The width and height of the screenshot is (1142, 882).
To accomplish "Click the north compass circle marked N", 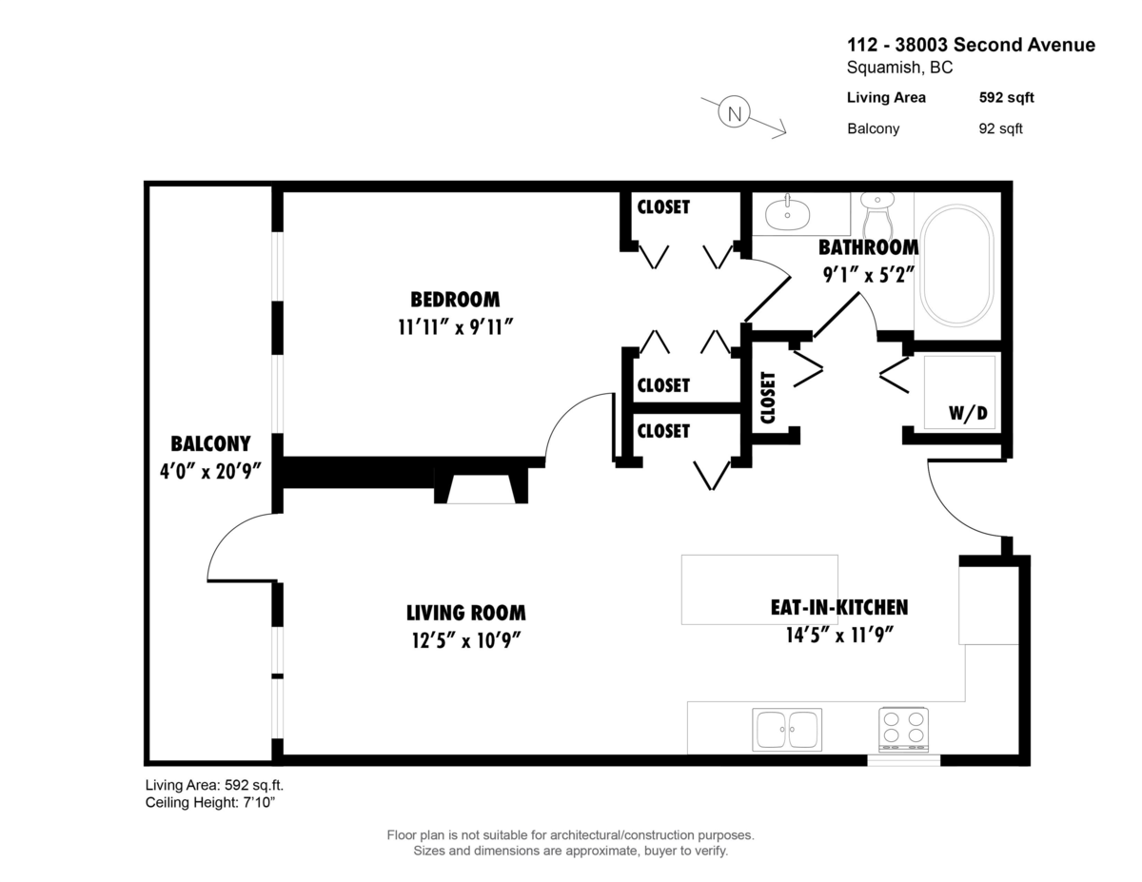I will click(734, 112).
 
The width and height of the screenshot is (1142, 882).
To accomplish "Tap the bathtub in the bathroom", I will click(956, 265).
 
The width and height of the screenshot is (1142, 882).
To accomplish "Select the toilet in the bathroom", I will click(876, 217).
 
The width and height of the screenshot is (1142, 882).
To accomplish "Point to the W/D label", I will click(968, 414).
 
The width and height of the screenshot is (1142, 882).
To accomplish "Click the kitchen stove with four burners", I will click(903, 728).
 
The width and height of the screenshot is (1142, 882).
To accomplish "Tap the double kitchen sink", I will click(786, 730).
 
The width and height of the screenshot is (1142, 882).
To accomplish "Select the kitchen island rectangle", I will click(759, 589).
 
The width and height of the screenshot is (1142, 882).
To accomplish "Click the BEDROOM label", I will click(455, 300).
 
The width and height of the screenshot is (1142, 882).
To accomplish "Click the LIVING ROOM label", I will click(465, 613).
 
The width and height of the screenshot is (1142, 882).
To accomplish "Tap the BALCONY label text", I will click(210, 443).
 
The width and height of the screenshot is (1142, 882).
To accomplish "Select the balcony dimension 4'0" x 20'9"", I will click(210, 471).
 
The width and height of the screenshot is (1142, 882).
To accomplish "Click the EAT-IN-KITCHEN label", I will click(838, 607).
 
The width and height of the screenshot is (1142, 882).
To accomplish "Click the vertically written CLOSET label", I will click(769, 396).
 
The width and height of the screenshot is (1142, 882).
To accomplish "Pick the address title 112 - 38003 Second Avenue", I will click(971, 45).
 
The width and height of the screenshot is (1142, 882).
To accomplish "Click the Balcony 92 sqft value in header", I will click(1000, 128).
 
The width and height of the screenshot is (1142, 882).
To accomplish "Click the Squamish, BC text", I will click(899, 68).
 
